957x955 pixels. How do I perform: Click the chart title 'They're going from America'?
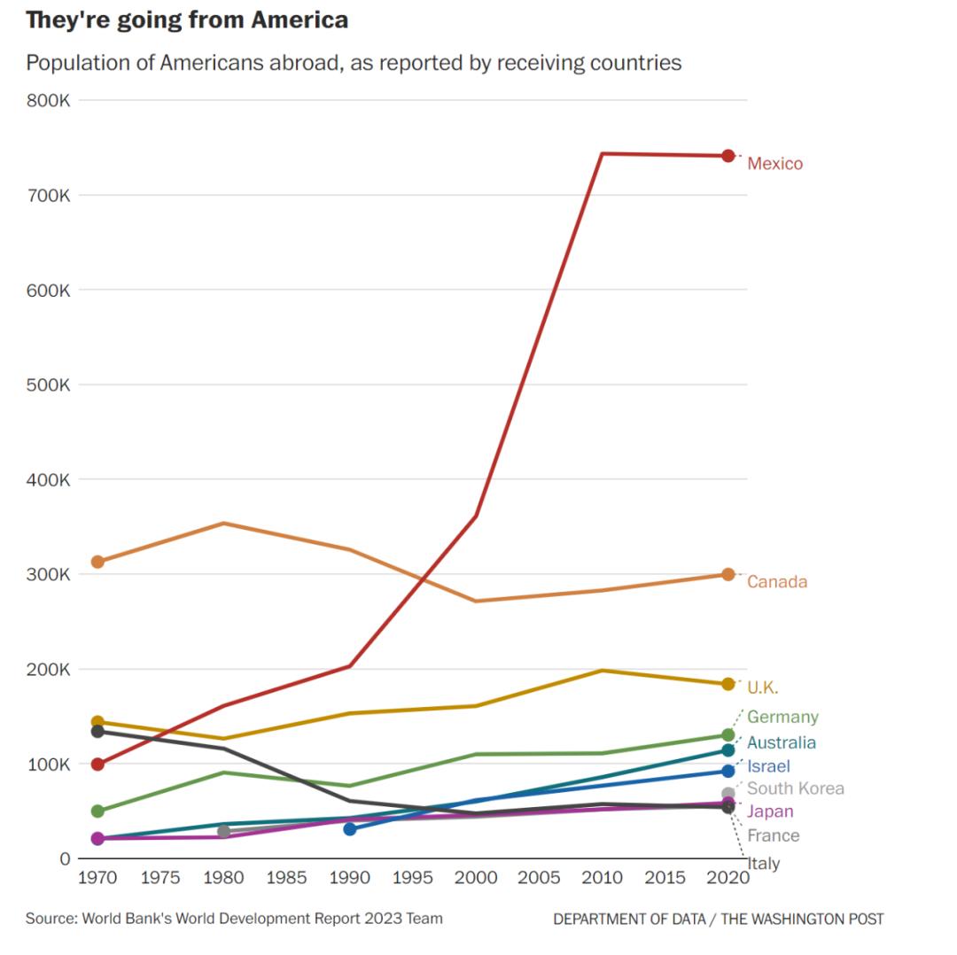click(x=187, y=20)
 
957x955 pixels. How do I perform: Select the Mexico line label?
click(x=774, y=164)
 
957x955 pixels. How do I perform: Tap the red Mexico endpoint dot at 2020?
click(x=728, y=156)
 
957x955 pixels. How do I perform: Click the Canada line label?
click(x=777, y=582)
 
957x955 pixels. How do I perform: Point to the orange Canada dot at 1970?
click(x=97, y=562)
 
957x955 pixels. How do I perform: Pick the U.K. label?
click(x=763, y=688)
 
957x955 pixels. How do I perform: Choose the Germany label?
click(x=782, y=718)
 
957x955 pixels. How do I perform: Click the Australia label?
click(x=782, y=743)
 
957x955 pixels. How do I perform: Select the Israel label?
click(x=768, y=766)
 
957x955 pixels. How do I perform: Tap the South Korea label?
click(x=795, y=788)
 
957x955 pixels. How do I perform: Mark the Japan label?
click(x=770, y=811)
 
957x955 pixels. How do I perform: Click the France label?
click(x=773, y=835)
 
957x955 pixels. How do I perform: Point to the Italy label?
click(x=765, y=864)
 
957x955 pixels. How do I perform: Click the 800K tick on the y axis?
click(x=48, y=100)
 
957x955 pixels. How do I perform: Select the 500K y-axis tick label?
click(x=48, y=384)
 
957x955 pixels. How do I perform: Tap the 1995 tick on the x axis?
click(x=413, y=878)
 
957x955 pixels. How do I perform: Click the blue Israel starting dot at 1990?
click(x=350, y=829)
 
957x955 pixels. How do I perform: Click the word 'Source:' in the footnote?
click(x=51, y=919)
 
